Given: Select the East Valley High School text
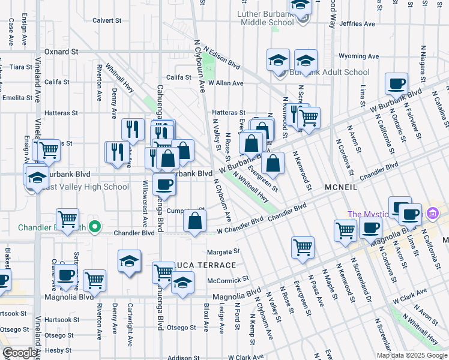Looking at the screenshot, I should tap(86, 187).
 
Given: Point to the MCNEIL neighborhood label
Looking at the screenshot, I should tap(341, 187).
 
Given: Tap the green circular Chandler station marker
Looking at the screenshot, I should tap(94, 227).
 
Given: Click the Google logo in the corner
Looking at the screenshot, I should tap(19, 353).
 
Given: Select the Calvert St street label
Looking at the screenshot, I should tap(107, 20).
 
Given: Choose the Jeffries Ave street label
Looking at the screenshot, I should tap(359, 24).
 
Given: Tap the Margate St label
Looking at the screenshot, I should tap(223, 251).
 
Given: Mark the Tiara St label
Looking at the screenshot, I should tap(20, 67).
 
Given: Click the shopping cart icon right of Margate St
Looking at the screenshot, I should tap(303, 247).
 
